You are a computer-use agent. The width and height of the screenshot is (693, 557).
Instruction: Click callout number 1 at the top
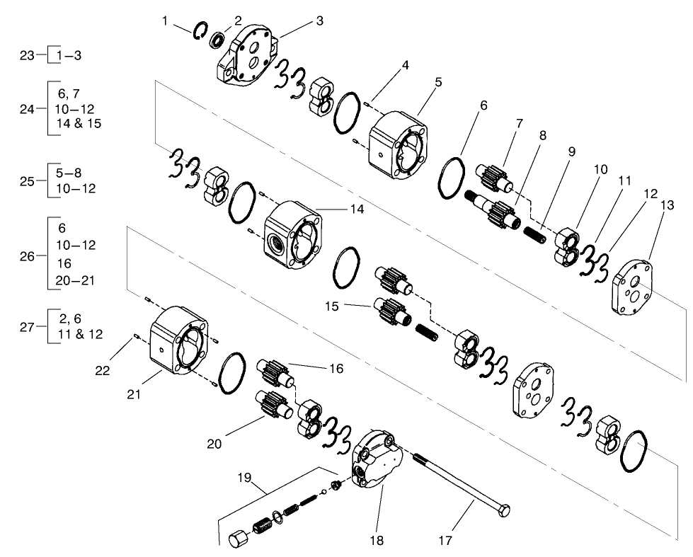point(165,21)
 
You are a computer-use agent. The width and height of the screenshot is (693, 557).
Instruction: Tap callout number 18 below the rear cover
point(376,541)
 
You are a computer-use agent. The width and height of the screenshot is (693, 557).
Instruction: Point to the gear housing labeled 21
point(180,339)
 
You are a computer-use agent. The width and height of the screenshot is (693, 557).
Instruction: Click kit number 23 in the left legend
point(27,55)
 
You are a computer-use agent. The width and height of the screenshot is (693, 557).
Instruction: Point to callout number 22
point(103,370)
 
